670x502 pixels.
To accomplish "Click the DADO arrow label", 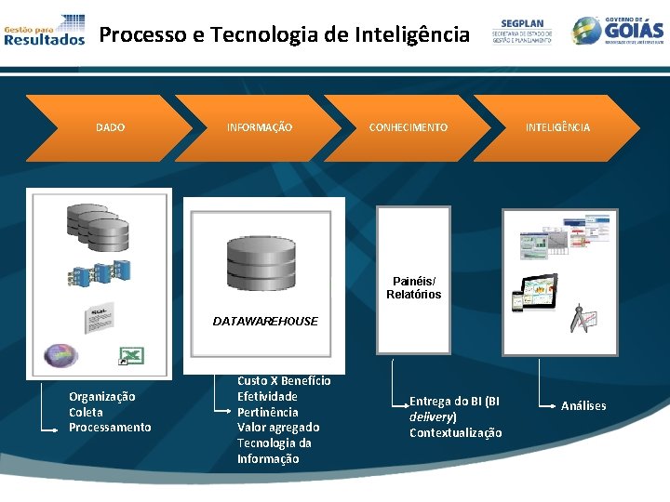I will coord(110,127).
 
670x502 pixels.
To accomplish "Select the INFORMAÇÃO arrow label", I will coord(260,127).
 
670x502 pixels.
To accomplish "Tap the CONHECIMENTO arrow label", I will coord(408,127).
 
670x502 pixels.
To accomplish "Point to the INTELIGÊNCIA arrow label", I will coord(557,127).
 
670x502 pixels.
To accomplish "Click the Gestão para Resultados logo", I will coord(44,30).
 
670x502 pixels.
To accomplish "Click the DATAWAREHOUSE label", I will coord(265,321).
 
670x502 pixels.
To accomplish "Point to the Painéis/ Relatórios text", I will coord(414,287).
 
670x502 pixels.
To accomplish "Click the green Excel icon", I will coord(133,354).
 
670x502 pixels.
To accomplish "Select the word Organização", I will coord(101,396).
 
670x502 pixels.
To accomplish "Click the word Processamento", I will coord(110,428).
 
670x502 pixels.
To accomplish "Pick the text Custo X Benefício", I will coord(284,380).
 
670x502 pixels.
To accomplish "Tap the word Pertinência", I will coord(268,412).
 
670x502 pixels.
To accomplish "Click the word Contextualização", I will coord(456,433).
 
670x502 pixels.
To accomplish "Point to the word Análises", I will coord(583,405).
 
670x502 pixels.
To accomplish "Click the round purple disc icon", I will coord(61,355).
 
